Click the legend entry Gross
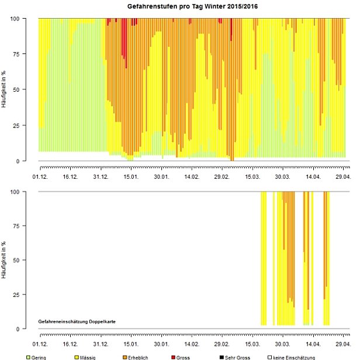click(183, 356)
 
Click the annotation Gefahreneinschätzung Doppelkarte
click(72, 321)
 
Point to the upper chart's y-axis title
click(5, 89)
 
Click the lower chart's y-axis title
click(5, 260)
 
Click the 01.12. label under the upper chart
click(40, 175)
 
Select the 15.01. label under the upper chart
click(131, 175)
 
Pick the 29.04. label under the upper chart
click(343, 175)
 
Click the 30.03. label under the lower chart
click(283, 345)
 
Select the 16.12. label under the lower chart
click(70, 345)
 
